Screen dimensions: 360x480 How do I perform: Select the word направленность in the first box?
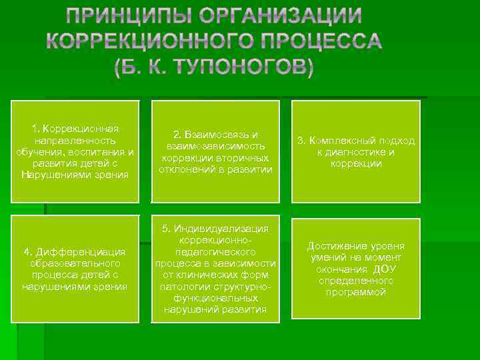click(x=75, y=141)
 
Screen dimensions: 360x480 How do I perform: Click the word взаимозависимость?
click(x=214, y=146)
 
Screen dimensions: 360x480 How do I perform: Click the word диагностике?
click(x=359, y=152)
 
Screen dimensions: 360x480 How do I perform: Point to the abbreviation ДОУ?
click(x=385, y=269)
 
